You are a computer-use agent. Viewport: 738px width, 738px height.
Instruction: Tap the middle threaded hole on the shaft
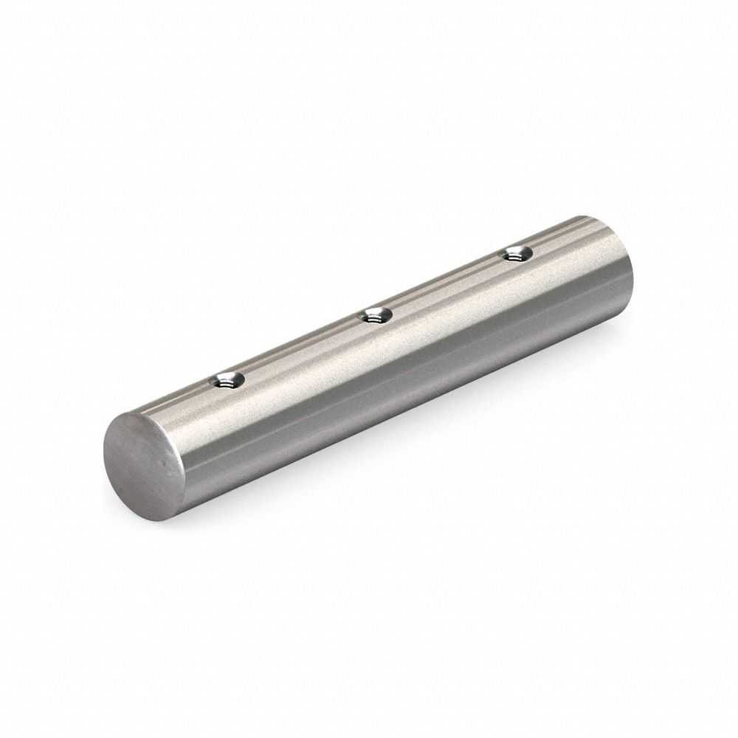(x=375, y=317)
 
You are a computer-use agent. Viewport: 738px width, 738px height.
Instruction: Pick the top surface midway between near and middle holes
(x=298, y=349)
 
